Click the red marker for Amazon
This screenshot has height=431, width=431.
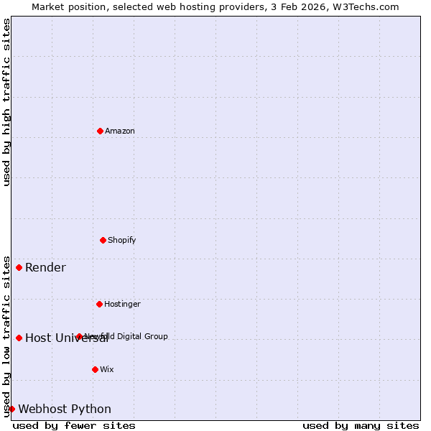click(x=100, y=131)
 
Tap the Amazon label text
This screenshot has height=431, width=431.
click(x=120, y=131)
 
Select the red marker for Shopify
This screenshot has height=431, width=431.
click(x=103, y=240)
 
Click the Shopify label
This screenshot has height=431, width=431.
click(x=122, y=240)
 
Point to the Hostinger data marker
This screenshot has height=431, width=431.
click(x=99, y=304)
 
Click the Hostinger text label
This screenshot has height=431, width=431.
click(x=123, y=304)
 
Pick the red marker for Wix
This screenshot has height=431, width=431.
click(x=95, y=369)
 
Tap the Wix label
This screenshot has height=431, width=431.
click(x=107, y=369)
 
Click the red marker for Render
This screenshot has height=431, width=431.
click(x=19, y=267)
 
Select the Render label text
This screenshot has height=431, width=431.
click(x=45, y=268)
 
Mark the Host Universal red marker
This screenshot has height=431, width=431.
click(x=19, y=338)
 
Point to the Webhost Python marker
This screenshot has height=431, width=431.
click(x=11, y=409)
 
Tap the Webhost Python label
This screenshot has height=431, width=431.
click(x=65, y=409)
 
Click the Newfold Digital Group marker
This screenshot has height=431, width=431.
click(x=79, y=336)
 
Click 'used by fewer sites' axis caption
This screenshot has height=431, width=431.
click(x=74, y=426)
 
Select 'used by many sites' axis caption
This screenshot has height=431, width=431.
click(x=361, y=426)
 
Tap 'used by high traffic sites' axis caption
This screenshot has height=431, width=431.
click(x=6, y=102)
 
